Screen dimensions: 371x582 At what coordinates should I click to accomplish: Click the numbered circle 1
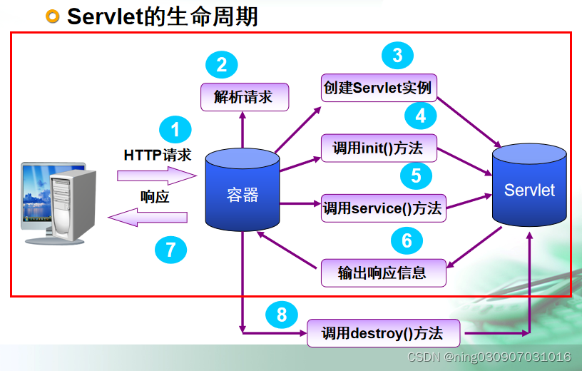(x=175, y=129)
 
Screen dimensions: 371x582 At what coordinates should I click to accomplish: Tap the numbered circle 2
(x=221, y=66)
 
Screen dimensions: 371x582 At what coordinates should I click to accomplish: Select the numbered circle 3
(x=397, y=56)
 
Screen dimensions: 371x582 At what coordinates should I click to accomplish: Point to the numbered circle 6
(x=407, y=240)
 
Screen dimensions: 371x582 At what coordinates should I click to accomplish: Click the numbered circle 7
(x=170, y=249)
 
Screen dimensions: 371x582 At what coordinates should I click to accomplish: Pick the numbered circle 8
(x=282, y=314)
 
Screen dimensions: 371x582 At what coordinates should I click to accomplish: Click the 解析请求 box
(x=244, y=96)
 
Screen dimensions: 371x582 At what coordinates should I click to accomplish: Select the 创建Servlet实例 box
(x=378, y=88)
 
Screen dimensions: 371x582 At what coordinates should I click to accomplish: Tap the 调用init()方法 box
(x=378, y=148)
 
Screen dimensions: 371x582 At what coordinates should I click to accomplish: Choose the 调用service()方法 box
(x=383, y=208)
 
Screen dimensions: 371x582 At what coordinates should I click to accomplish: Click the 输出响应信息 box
(x=382, y=272)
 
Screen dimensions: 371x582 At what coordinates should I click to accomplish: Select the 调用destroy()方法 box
(x=383, y=332)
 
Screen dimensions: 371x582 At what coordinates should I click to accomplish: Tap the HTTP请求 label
(x=158, y=155)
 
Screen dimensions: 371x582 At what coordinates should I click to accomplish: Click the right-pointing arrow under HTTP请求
(x=156, y=175)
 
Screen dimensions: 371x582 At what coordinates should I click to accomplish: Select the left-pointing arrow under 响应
(x=148, y=218)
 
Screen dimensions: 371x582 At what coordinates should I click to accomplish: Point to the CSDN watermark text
(x=489, y=357)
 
